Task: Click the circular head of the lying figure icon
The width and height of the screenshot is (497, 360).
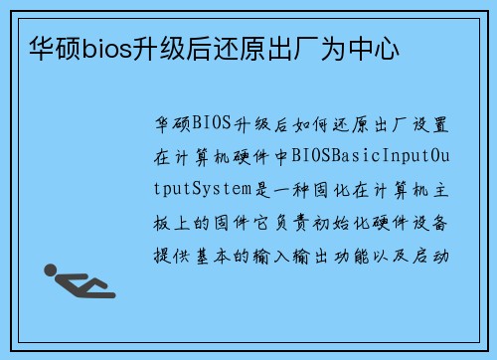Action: (x=49, y=270)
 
